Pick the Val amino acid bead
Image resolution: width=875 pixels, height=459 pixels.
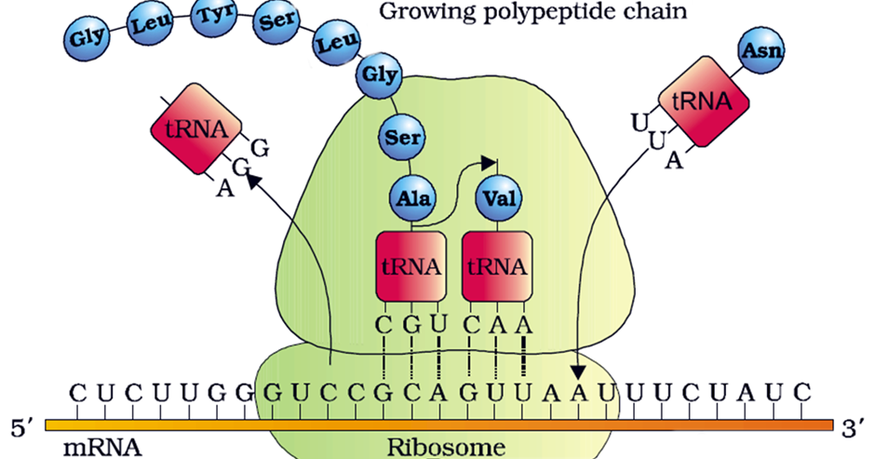497,199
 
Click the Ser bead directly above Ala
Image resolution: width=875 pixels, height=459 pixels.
402,139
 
